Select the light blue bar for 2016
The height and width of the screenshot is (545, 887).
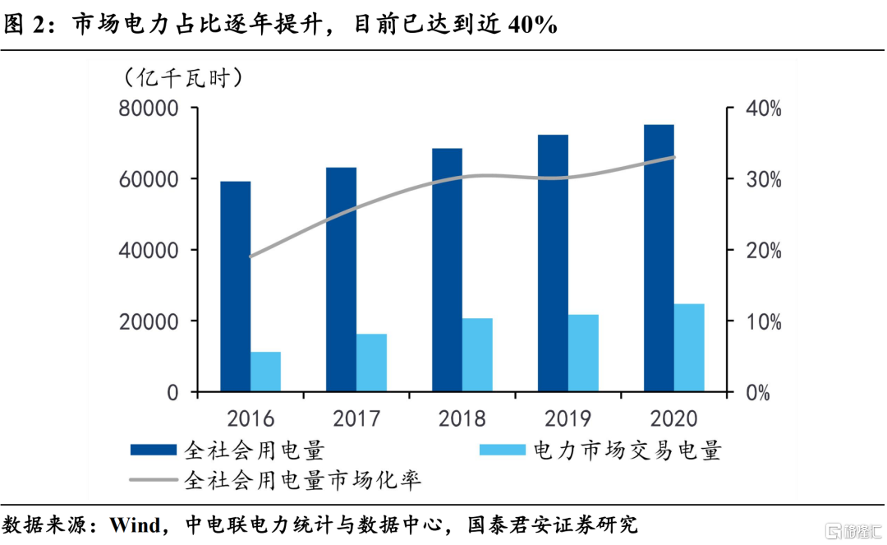[265, 372]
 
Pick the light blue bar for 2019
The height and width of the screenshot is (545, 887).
[583, 353]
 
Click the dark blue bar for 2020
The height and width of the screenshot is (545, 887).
[659, 258]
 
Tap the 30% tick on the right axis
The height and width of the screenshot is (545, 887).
[763, 179]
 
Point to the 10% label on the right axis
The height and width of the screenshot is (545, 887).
[763, 321]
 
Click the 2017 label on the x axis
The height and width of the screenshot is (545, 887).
[356, 418]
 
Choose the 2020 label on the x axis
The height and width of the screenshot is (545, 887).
[673, 418]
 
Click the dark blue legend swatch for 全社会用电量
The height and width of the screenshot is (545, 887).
[153, 450]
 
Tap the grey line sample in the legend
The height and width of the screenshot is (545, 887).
[153, 478]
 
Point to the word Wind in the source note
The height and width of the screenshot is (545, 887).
[136, 524]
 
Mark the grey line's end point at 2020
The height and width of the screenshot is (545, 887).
[674, 157]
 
